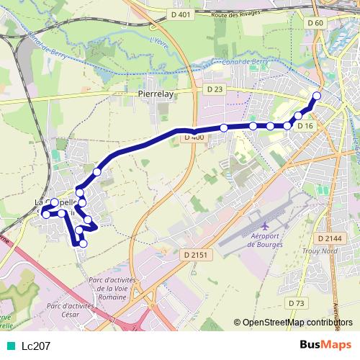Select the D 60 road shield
[x=315, y=23]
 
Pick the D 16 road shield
[x=306, y=126]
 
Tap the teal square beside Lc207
[x=9, y=346]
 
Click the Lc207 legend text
[x=36, y=346]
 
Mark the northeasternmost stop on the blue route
[x=316, y=96]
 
